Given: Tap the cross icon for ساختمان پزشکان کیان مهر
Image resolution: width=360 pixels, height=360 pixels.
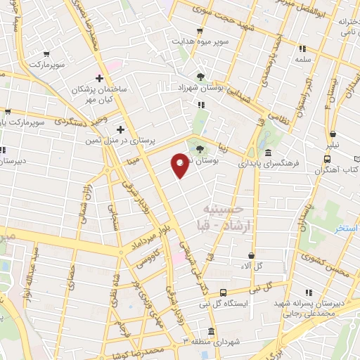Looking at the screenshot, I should coord(100,78).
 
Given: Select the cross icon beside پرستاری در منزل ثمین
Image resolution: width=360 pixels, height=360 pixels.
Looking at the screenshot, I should coord(120,129).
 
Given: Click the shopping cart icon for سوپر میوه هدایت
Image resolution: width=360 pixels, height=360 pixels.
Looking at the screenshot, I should coord(200,31).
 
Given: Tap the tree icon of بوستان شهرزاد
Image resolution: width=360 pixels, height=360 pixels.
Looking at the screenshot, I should coord(202,76).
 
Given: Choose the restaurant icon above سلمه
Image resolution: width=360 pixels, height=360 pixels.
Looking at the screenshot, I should coord(302,49).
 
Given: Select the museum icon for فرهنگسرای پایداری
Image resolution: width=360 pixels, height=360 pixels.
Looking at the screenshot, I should coord(268,154).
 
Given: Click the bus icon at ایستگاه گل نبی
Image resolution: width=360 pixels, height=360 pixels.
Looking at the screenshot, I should coord(223,292).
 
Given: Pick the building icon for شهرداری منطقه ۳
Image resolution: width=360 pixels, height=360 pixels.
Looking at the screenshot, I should coord(211,332).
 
